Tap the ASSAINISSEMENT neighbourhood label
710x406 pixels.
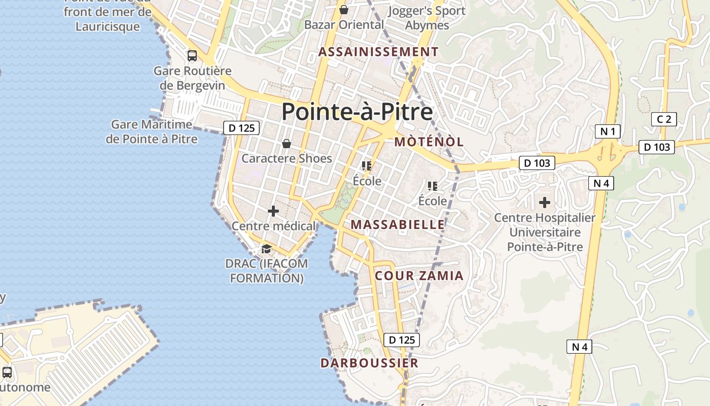[378, 52]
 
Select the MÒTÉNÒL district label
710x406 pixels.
[429, 142]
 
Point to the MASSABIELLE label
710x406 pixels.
[398, 224]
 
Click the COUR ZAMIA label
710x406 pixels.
[419, 276]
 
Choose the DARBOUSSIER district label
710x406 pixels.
[369, 363]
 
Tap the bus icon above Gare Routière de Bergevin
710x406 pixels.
[192, 55]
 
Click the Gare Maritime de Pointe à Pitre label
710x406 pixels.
[152, 131]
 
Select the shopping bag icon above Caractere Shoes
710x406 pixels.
[287, 144]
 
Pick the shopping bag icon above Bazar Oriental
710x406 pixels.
[344, 10]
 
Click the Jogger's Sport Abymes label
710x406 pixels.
[427, 18]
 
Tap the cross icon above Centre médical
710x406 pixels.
[273, 211]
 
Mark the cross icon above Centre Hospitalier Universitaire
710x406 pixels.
[545, 202]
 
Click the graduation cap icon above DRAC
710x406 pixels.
[266, 249]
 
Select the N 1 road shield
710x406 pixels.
[608, 132]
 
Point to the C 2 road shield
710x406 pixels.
[664, 119]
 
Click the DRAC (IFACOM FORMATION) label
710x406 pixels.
[266, 270]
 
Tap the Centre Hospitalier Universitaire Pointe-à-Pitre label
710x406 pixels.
[545, 232]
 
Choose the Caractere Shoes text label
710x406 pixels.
[287, 158]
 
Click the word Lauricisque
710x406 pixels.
[108, 26]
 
